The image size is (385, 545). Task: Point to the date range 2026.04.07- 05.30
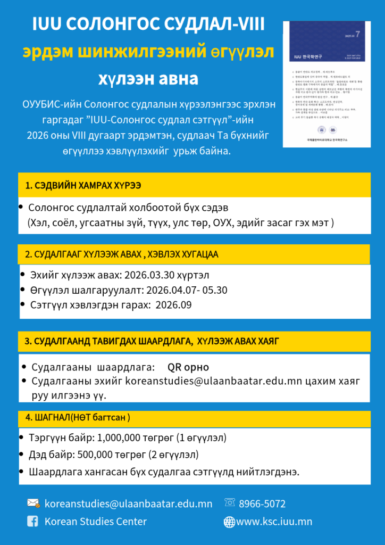tap(186, 290)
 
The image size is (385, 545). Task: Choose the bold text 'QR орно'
tap(188, 367)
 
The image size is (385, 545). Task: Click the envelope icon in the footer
tap(33, 503)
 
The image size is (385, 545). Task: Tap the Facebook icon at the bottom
tap(33, 522)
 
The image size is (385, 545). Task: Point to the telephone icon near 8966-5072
tap(230, 502)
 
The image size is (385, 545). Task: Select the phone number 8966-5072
tap(262, 503)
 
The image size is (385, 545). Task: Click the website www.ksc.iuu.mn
tap(274, 522)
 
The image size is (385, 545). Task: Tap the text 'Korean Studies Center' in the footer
tap(95, 522)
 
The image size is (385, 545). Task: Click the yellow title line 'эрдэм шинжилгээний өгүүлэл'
tap(148, 52)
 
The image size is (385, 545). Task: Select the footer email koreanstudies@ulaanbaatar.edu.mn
tap(128, 503)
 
